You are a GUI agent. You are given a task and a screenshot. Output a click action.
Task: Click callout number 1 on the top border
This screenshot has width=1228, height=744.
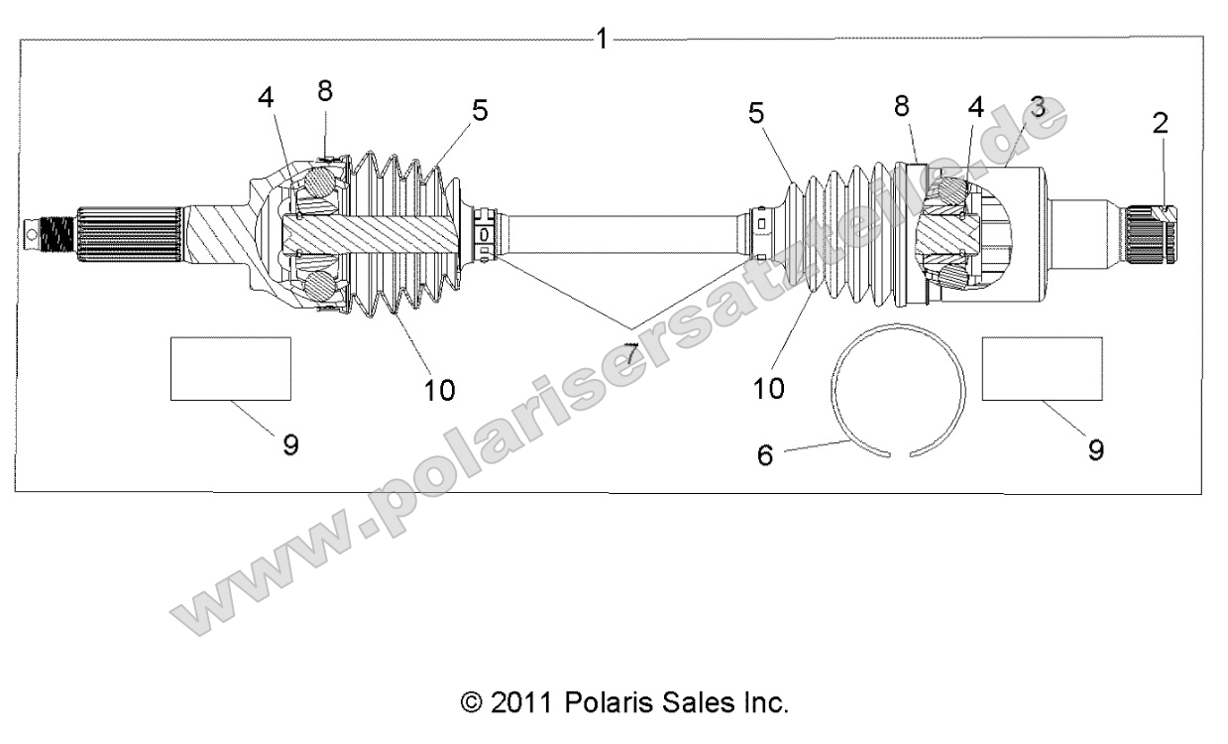[x=601, y=39]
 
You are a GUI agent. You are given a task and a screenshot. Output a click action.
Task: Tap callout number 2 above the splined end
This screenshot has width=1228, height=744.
[x=1160, y=123]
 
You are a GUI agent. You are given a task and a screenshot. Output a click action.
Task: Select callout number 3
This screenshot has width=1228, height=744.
[x=1037, y=107]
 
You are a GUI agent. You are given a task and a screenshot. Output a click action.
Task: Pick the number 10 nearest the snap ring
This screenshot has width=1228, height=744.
[x=768, y=387]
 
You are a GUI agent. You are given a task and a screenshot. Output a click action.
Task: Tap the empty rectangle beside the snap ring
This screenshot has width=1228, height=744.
[x=1041, y=368]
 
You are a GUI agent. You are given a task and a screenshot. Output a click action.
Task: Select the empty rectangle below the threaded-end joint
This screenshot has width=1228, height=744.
[x=230, y=368]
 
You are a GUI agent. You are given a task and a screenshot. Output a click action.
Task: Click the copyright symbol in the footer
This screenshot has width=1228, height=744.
[x=472, y=703]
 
